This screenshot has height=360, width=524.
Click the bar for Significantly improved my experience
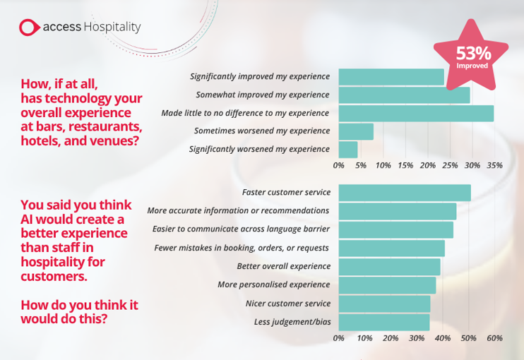coord(391,76)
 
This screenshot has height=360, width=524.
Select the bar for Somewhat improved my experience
coord(404,95)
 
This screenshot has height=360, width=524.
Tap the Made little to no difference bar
coord(416,113)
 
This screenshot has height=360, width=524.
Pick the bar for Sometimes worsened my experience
coord(356,131)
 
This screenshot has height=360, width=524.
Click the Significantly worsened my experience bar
coord(348,150)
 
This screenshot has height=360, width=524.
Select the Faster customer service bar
coord(405,192)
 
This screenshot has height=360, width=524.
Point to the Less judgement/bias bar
coord(384,322)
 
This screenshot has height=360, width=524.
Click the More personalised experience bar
coord(387,285)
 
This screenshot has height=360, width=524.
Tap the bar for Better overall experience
coord(389,266)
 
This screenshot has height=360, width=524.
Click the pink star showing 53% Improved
coord(470,56)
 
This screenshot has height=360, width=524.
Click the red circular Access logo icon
coord(29,28)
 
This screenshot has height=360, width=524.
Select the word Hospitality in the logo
coord(112,28)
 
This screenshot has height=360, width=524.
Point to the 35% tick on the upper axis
coord(494,165)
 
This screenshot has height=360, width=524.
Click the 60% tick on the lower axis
coord(494,338)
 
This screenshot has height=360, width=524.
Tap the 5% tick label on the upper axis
coord(361,165)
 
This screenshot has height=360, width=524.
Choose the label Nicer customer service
coord(287,304)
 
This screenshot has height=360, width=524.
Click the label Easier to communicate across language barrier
coord(241,229)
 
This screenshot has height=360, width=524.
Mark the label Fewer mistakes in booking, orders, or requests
coord(242,248)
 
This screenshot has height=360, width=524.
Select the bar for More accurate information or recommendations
coord(398,210)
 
